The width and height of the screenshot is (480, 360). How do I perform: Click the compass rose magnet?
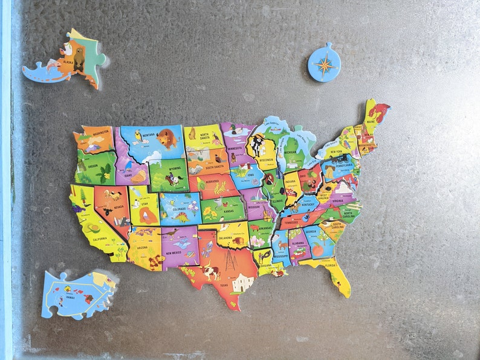click(x=324, y=62)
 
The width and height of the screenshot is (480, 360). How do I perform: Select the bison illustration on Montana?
click(x=167, y=138)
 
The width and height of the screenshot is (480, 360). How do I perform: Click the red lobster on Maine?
click(x=378, y=112)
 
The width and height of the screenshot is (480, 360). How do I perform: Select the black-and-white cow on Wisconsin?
click(x=258, y=144)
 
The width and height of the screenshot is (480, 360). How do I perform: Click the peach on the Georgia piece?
click(x=317, y=249)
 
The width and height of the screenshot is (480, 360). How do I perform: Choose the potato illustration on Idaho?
click(x=138, y=176)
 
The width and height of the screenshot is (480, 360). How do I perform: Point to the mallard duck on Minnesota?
click(x=233, y=128)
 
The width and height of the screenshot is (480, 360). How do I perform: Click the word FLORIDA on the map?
click(x=330, y=263)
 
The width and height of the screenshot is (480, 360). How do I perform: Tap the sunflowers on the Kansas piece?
click(x=210, y=212)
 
